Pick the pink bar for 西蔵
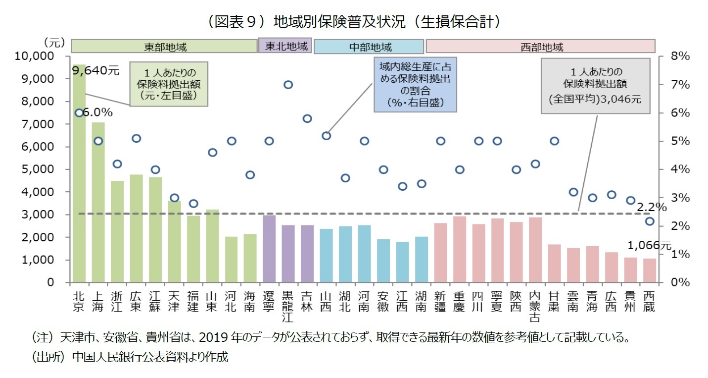click(649, 270)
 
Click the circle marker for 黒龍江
click(288, 85)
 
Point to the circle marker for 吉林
click(307, 118)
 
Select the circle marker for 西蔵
click(650, 221)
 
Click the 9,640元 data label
click(95, 70)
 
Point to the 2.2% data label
click(652, 207)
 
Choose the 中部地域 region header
click(369, 47)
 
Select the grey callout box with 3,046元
click(595, 85)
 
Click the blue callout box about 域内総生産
click(415, 84)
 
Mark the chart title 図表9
click(353, 22)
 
